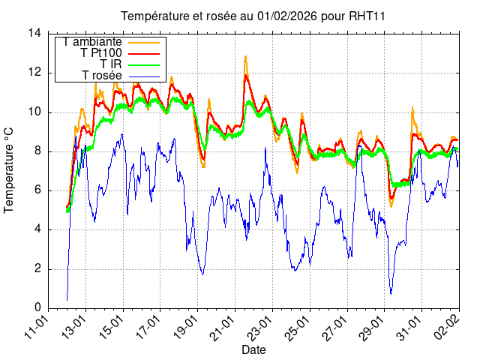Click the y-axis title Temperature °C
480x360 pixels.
tap(10, 170)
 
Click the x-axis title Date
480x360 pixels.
tap(253, 349)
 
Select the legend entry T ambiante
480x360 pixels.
tap(93, 42)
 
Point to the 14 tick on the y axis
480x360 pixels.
tap(34, 34)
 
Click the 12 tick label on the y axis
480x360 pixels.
tap(34, 73)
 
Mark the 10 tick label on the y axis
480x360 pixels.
tap(34, 112)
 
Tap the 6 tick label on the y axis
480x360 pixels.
tap(37, 190)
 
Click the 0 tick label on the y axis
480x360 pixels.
tap(37, 307)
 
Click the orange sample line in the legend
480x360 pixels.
tap(145, 42)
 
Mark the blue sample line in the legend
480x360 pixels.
tap(145, 76)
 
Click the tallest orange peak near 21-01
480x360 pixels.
tap(245, 56)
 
